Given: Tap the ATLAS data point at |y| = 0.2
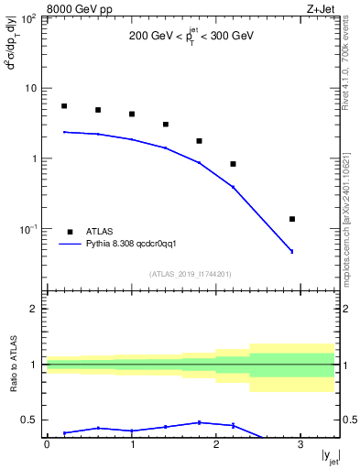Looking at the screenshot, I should tap(64, 106).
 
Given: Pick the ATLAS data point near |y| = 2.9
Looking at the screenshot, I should tap(292, 219).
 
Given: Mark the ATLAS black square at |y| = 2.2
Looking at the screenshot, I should tap(234, 164).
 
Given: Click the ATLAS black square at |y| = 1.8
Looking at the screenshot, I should tap(200, 141).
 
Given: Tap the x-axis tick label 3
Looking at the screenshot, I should tap(301, 444).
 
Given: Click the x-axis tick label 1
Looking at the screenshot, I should tap(132, 444).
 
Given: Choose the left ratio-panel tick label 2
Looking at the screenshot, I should tap(35, 309).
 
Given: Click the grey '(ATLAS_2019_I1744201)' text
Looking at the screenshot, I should tap(191, 273).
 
